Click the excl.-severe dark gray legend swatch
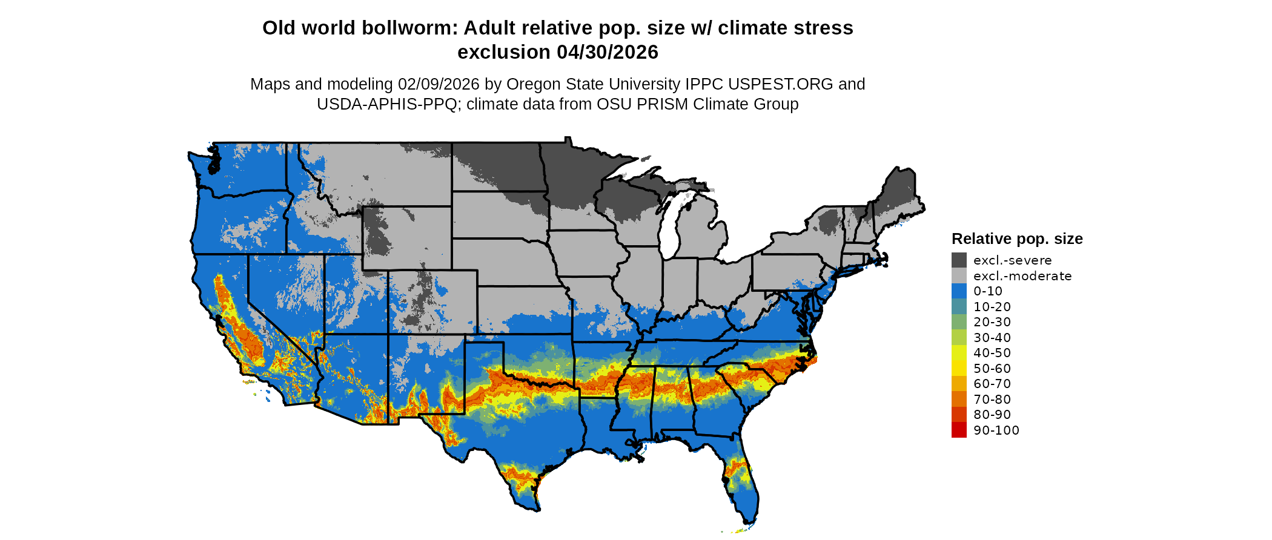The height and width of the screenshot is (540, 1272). (959, 260)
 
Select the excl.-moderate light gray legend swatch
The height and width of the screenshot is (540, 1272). (959, 276)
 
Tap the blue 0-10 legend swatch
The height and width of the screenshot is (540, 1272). (959, 291)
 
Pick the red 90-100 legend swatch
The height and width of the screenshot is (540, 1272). (959, 430)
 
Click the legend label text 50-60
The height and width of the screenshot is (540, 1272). (992, 369)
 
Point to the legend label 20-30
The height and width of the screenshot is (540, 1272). (992, 322)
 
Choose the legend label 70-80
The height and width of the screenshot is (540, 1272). (992, 400)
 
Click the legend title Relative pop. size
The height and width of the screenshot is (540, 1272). (1017, 239)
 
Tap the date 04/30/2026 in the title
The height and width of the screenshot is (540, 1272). (608, 52)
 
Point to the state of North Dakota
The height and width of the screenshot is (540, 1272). (497, 166)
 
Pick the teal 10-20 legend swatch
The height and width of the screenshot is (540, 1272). (959, 307)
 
